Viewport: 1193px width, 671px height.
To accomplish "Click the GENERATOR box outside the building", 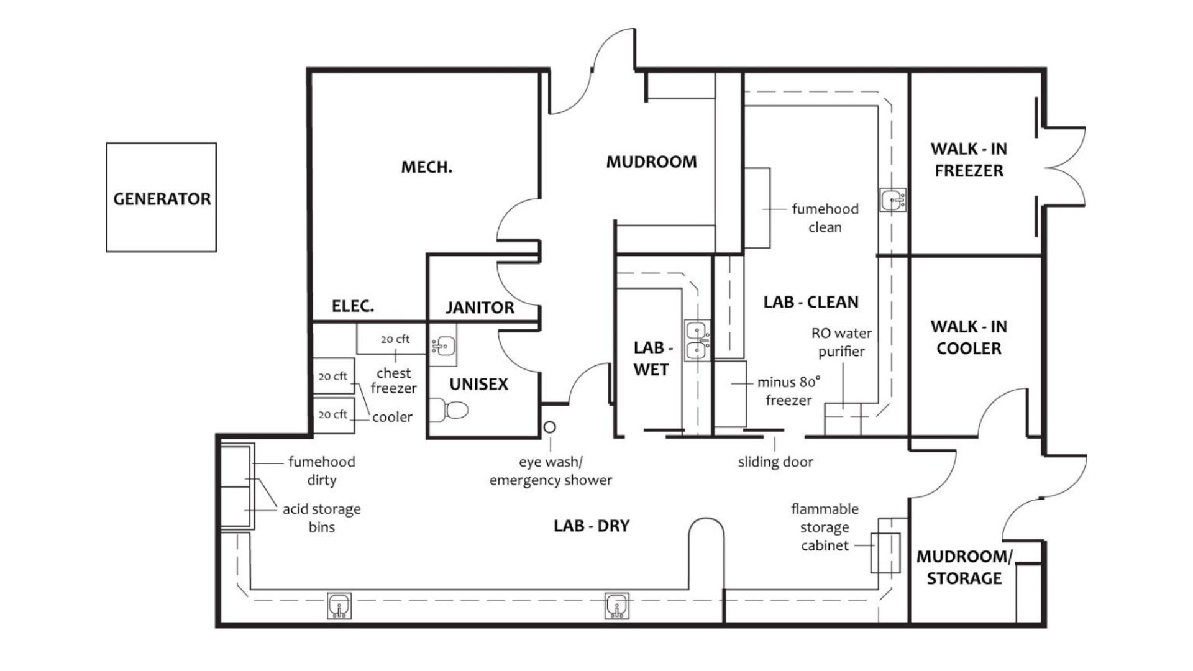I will point(162,198).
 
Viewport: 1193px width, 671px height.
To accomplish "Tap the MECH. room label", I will point(426,167).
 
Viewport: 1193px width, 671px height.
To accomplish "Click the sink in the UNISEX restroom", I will point(444,345).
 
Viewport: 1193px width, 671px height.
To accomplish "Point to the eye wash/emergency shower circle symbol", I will point(550,427).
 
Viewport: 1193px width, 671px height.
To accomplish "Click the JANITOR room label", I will point(480,308).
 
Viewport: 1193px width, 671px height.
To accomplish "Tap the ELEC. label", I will point(353,306).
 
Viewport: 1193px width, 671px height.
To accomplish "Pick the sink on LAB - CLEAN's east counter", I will point(894,201).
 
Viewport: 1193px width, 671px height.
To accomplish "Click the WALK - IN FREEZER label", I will point(969,160).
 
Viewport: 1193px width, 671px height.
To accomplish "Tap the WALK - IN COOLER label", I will point(969,337).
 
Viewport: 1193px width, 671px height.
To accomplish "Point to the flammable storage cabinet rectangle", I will point(885,552).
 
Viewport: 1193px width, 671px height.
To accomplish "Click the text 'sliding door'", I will point(775,462).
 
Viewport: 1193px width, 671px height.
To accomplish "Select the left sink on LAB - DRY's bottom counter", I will point(339,605).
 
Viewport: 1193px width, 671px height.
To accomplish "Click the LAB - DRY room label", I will point(592,526).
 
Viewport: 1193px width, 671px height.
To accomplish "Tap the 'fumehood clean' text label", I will point(825,218).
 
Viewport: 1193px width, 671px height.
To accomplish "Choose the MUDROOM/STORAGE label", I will point(964,567).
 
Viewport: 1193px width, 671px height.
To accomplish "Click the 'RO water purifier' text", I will point(841,342).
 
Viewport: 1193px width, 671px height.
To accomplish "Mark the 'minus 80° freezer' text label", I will point(788,391).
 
